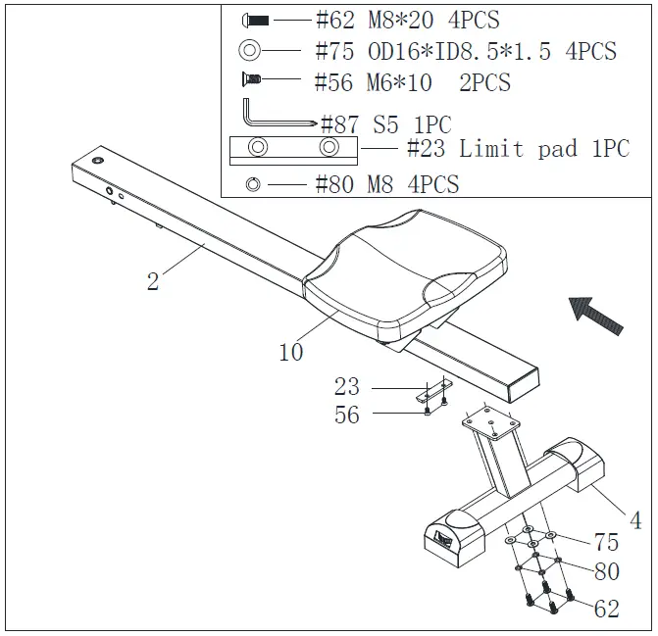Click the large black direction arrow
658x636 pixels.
(x=596, y=316)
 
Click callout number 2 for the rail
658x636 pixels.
(x=153, y=282)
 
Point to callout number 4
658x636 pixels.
(x=634, y=519)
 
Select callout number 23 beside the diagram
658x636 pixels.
(x=346, y=386)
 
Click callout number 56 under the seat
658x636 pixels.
(x=346, y=415)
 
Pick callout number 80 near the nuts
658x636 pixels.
(x=607, y=571)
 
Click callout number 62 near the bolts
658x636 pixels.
(x=607, y=609)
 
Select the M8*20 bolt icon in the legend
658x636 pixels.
(x=254, y=20)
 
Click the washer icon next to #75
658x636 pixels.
(x=249, y=51)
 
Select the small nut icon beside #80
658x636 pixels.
(x=253, y=183)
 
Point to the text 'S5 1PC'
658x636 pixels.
(x=412, y=124)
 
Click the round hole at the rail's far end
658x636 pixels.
(x=97, y=159)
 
